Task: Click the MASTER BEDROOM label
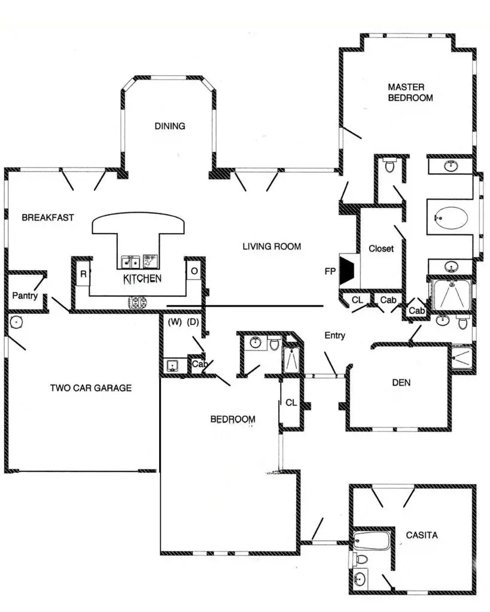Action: pos(410,92)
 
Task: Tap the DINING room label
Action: pos(170,126)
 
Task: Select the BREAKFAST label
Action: pos(48,218)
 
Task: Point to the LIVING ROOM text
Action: pos(272,246)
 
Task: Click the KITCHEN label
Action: pos(142,279)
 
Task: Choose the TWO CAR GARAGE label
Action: pos(90,388)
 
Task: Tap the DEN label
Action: pos(401,382)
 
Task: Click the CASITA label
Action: pos(421,535)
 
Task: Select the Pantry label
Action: pos(25,295)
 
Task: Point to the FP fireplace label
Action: pos(330,271)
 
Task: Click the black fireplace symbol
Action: pos(348,270)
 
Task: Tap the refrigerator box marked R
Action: pos(83,274)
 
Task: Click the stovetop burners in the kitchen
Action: pos(138,302)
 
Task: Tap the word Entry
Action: pos(334,336)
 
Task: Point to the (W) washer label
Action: pos(175,323)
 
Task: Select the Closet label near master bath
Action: pos(381,249)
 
